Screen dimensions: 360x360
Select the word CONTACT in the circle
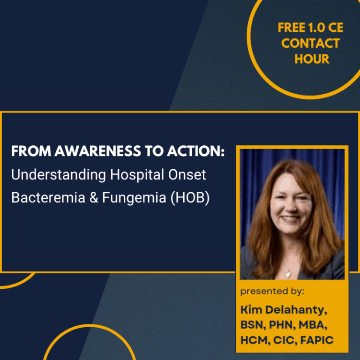[x=311, y=44]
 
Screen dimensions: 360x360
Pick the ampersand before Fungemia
[x=92, y=197]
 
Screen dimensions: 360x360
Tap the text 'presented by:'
[x=272, y=292]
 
